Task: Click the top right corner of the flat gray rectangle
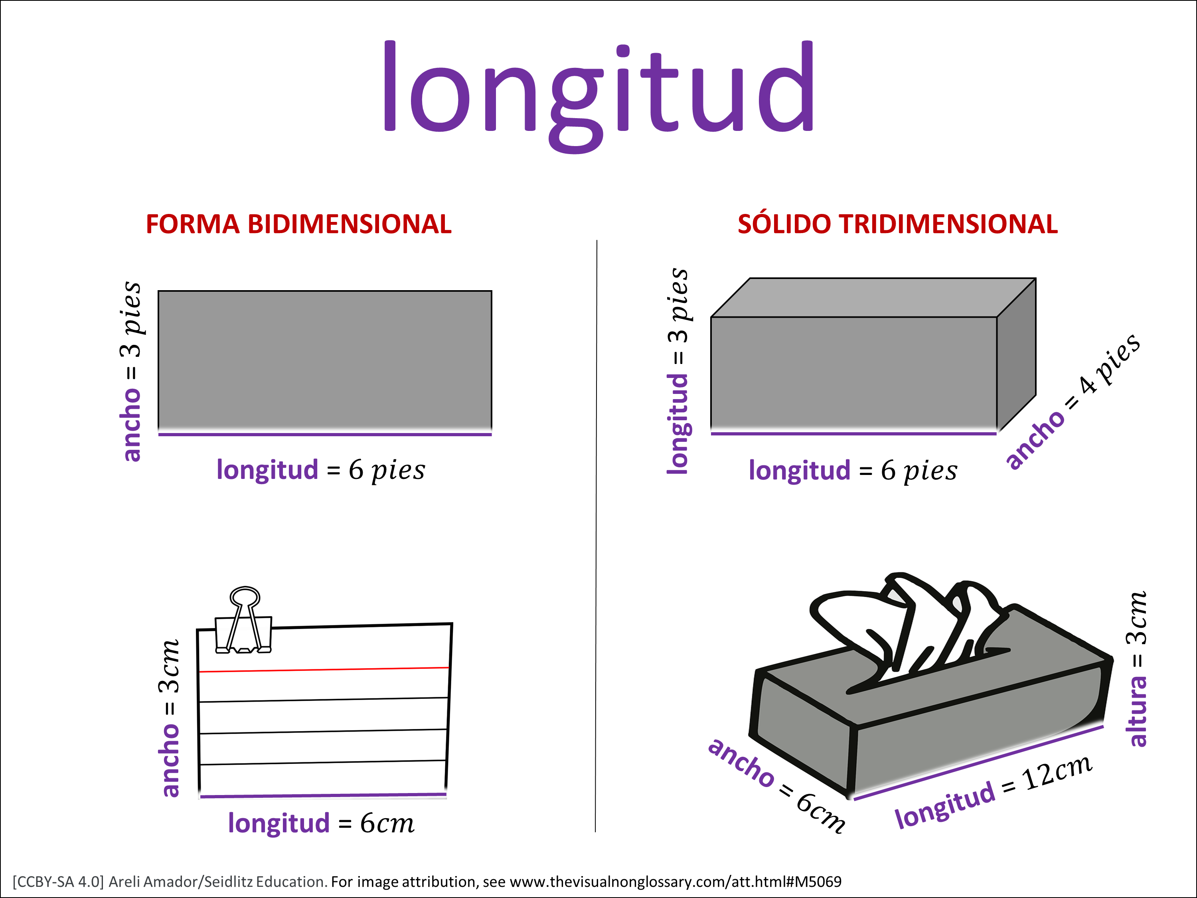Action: (491, 291)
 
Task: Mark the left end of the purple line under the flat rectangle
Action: (158, 434)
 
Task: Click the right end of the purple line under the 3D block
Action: (997, 433)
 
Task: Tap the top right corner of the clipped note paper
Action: (452, 623)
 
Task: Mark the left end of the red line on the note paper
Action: (199, 672)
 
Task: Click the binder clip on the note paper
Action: (243, 620)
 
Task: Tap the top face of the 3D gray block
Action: (873, 298)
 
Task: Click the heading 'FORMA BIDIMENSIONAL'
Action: (299, 224)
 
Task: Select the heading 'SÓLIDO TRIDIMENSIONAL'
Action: (897, 224)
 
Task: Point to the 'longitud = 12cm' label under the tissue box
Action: (994, 791)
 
